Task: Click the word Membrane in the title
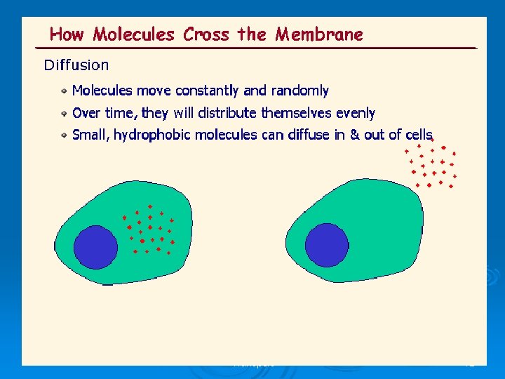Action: tap(319, 34)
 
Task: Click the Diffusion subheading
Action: tap(76, 65)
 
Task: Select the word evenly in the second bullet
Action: tap(356, 113)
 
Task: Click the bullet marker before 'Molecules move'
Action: tap(64, 91)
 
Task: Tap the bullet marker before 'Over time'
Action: tap(64, 113)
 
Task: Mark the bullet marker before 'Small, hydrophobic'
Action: tap(64, 135)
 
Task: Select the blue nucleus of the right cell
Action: tap(326, 244)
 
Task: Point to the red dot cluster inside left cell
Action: tap(150, 229)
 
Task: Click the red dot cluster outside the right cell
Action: tap(431, 164)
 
